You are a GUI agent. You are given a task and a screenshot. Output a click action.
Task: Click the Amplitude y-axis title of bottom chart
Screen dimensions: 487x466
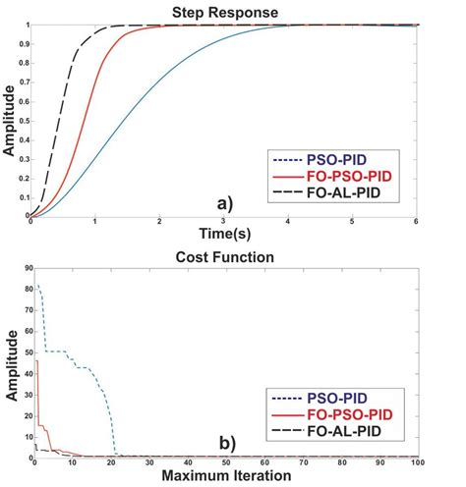click(x=9, y=360)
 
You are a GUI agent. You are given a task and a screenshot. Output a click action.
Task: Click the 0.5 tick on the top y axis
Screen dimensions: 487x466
click(x=21, y=121)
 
